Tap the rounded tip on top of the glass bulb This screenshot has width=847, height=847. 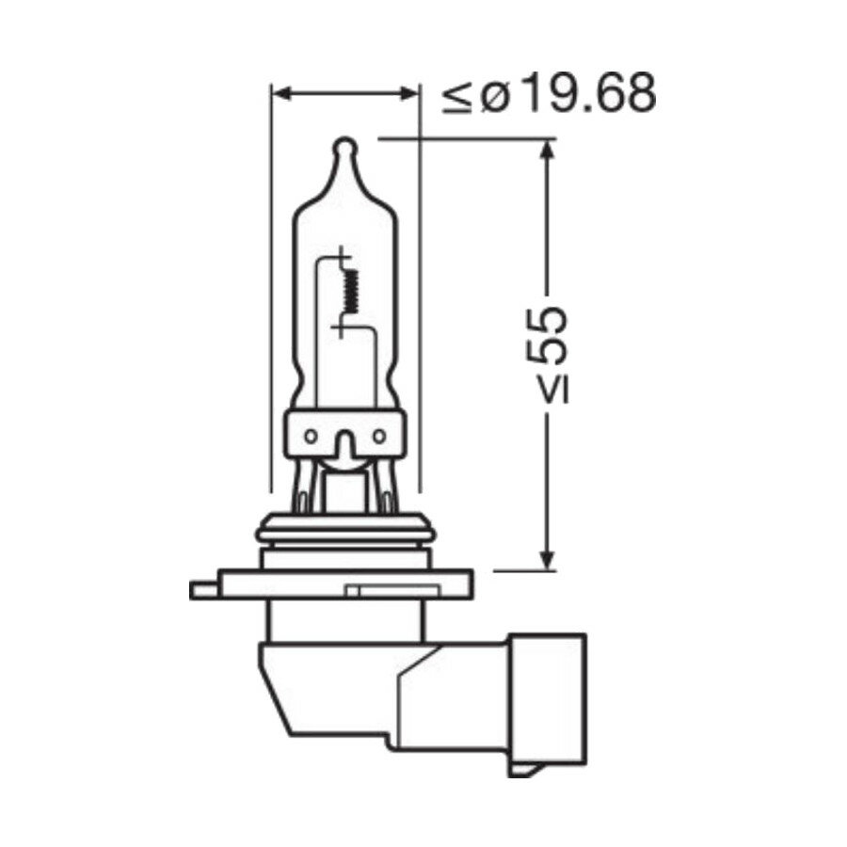344,149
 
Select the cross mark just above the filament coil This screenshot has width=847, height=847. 341,255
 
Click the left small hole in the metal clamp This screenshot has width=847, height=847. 311,436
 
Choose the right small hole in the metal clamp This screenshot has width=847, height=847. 378,436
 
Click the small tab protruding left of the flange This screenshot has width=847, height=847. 202,590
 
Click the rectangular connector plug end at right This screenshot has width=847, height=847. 548,696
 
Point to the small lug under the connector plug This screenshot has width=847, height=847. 524,767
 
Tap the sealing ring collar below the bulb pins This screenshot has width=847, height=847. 344,530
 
